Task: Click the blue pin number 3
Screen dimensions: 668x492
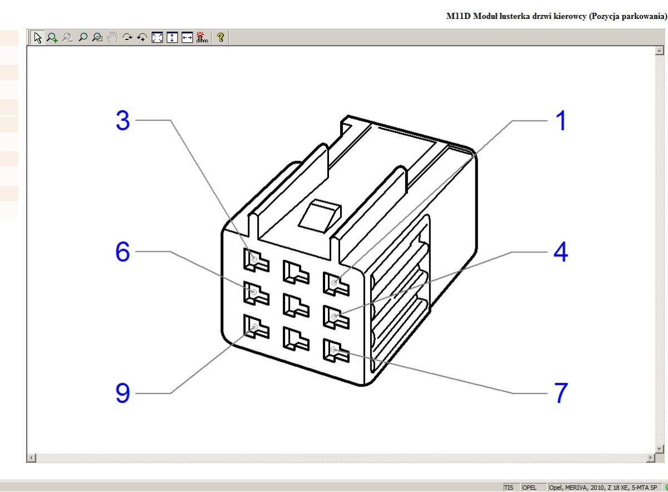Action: click(x=122, y=120)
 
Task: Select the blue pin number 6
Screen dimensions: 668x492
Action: click(x=122, y=251)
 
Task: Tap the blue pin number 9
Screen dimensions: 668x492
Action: click(x=122, y=393)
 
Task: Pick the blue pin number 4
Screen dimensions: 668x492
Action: click(x=561, y=252)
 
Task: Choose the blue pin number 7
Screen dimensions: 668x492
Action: click(x=561, y=393)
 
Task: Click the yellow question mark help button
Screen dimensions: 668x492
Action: click(x=220, y=38)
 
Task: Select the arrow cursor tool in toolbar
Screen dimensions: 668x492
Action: click(x=38, y=38)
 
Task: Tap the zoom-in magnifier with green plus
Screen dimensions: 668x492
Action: click(x=52, y=38)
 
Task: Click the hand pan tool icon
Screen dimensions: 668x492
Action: click(x=112, y=38)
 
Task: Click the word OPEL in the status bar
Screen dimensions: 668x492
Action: click(x=529, y=488)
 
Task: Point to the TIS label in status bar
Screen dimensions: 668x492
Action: click(x=509, y=488)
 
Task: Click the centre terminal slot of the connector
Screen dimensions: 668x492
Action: click(x=296, y=305)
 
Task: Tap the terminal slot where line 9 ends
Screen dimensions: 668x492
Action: click(x=256, y=327)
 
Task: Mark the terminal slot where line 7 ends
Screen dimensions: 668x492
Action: click(x=336, y=351)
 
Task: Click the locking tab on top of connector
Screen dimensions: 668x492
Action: click(x=320, y=216)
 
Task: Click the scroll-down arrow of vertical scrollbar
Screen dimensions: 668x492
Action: click(x=659, y=449)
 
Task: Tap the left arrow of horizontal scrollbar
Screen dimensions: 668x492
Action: click(x=32, y=457)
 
